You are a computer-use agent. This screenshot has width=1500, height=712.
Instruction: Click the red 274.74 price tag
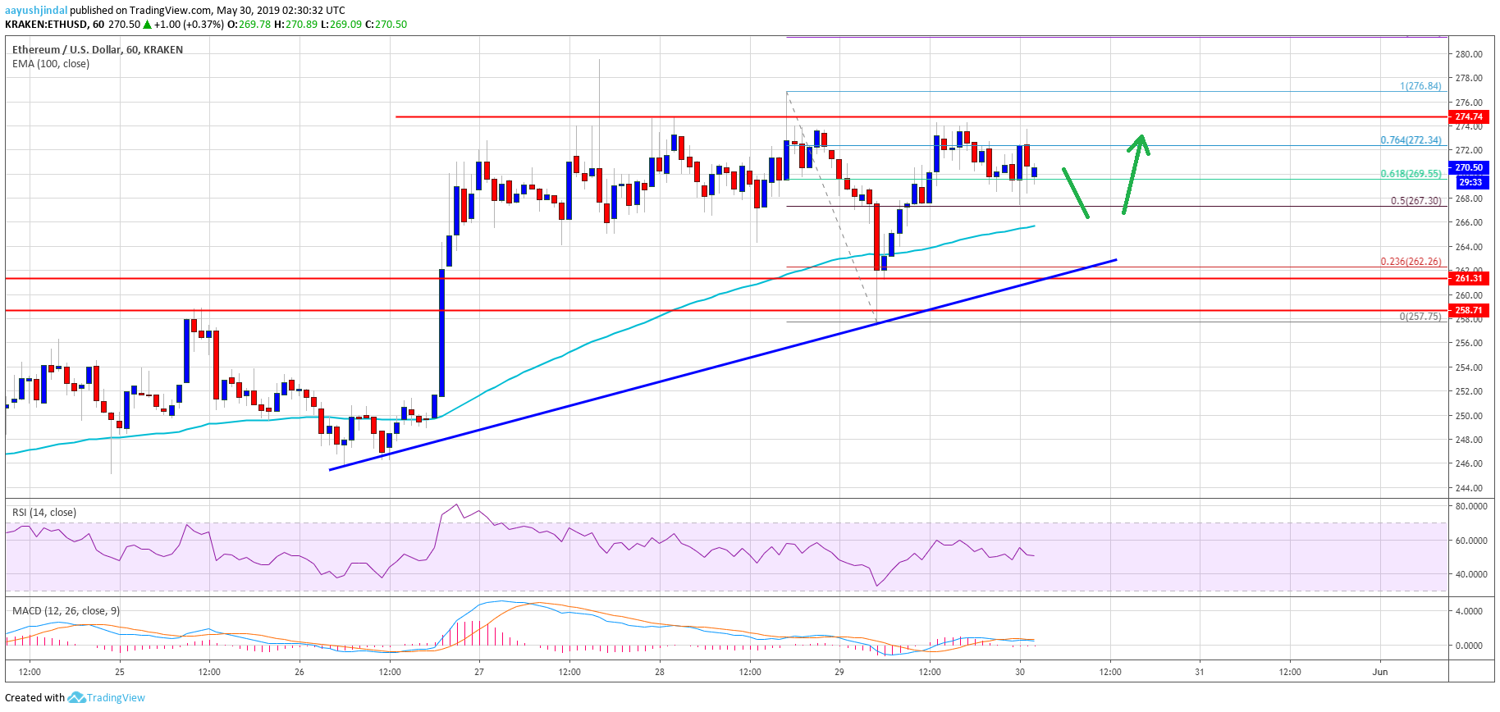(1469, 116)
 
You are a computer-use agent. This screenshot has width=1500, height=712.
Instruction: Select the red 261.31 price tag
(1469, 278)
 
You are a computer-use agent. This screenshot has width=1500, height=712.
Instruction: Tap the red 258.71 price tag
(1469, 310)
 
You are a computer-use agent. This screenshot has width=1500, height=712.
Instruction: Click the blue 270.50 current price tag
(1469, 167)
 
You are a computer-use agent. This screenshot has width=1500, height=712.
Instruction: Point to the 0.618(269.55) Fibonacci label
(1410, 174)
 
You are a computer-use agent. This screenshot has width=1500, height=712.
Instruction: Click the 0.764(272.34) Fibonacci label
(1410, 140)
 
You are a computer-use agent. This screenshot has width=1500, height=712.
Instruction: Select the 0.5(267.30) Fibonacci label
(1415, 201)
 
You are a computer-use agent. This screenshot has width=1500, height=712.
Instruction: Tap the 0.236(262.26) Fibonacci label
(1410, 262)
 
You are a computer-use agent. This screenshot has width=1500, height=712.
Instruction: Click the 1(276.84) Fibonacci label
(1420, 86)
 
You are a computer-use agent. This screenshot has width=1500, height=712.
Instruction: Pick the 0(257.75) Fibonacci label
(1420, 317)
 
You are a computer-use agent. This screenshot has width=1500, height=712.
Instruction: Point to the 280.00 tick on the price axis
(1468, 54)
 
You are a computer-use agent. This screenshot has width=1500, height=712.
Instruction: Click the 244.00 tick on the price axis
(1468, 488)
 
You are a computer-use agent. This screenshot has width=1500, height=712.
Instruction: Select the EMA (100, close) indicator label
(51, 64)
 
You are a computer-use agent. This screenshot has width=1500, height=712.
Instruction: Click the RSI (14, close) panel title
(44, 513)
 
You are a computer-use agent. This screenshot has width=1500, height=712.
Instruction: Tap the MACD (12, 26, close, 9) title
(66, 611)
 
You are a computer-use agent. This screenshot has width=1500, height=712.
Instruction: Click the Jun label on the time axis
(1380, 672)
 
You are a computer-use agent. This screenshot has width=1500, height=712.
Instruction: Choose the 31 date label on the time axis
(1200, 672)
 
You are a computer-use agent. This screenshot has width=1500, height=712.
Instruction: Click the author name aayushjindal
(36, 11)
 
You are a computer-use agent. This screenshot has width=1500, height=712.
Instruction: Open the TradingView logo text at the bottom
(116, 698)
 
